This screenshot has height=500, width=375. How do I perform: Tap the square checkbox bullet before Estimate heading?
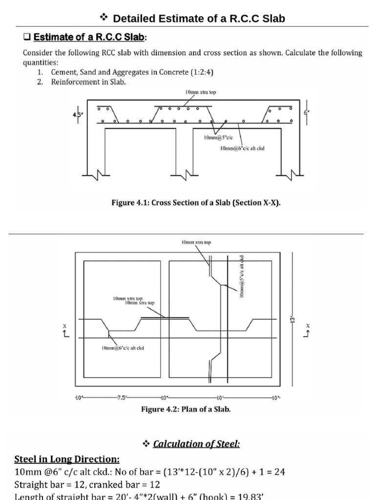point(27,38)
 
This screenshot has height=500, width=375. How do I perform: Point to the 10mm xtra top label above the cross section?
point(200,92)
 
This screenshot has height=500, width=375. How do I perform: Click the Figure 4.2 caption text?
point(186,409)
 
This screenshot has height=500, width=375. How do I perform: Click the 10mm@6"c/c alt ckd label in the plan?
point(123,348)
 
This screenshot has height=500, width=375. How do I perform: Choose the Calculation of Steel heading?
point(196,444)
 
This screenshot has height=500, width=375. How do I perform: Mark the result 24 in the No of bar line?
point(280,472)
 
